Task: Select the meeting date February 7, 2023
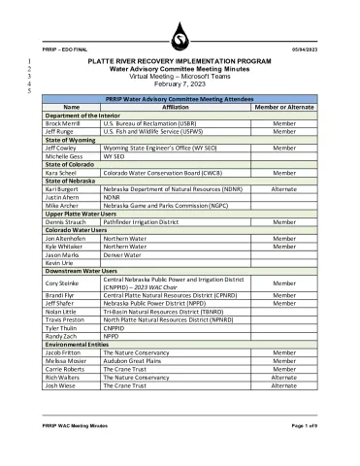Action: point(180,86)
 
